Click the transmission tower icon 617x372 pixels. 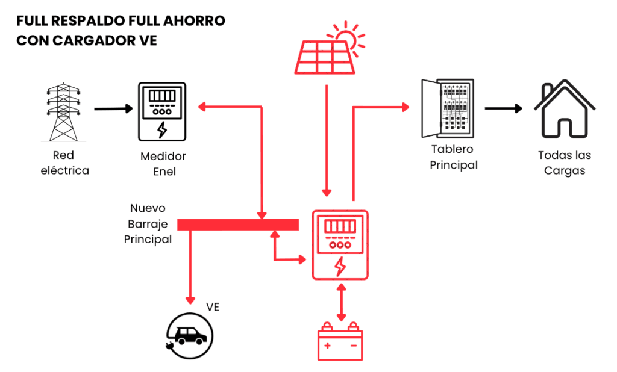[x=64, y=112]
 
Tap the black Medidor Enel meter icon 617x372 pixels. [x=161, y=111]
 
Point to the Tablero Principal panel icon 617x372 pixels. [x=448, y=109]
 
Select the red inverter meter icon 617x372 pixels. [x=339, y=245]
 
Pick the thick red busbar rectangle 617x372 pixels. [x=238, y=225]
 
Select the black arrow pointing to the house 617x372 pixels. [x=503, y=109]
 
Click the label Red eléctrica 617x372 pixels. [x=64, y=163]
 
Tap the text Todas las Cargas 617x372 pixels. [x=565, y=163]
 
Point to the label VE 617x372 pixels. [x=212, y=307]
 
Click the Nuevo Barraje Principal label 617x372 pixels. [x=148, y=224]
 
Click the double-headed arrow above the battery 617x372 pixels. [x=341, y=304]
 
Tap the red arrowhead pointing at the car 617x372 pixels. [x=190, y=299]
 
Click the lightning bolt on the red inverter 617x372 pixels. [x=340, y=265]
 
